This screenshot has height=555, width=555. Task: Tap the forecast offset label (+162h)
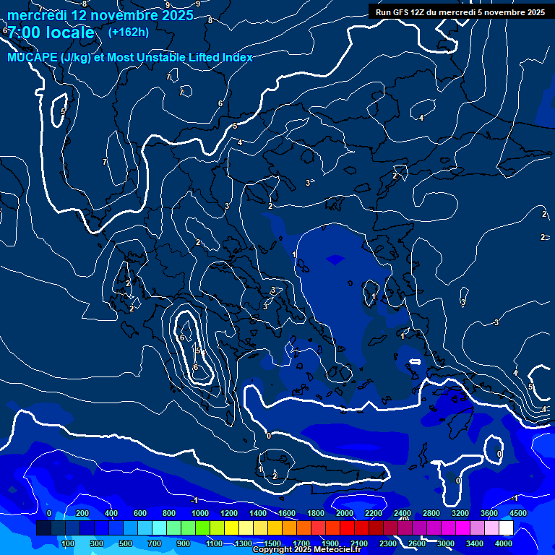pos(128,32)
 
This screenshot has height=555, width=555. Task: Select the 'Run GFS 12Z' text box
pos(460,12)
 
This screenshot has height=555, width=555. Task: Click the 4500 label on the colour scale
pos(518,513)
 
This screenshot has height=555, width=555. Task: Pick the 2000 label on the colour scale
pos(345,513)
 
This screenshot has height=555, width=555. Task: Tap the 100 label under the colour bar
pos(69,543)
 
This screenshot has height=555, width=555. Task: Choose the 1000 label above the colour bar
pos(200,513)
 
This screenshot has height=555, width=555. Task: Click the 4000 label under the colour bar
pos(504,543)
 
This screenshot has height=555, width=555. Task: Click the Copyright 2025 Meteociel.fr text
pos(306,550)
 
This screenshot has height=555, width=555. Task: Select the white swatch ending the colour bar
pos(506,528)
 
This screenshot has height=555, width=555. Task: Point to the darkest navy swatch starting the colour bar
pos(43,528)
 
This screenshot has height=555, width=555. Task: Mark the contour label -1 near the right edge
pos(515,499)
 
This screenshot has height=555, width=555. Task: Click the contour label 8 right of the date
pos(210,20)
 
